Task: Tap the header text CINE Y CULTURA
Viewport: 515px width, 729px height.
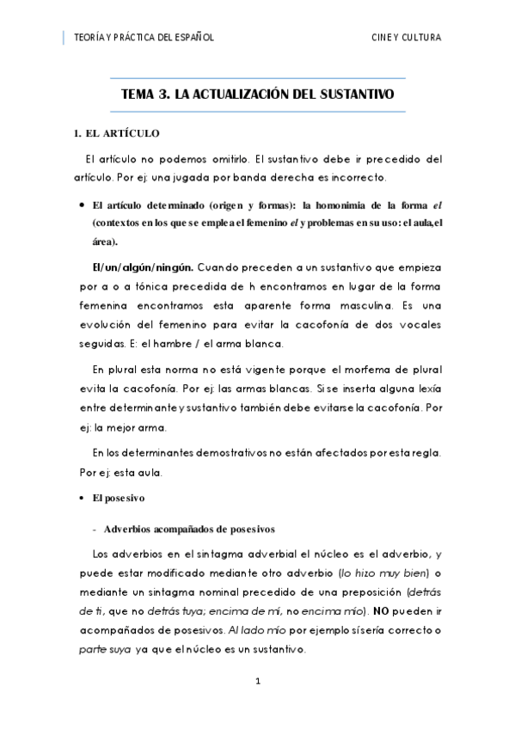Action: pos(406,37)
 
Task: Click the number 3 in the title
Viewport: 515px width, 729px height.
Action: pos(163,95)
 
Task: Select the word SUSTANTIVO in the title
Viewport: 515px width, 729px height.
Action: pos(357,95)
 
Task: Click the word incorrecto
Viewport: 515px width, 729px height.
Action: pos(353,178)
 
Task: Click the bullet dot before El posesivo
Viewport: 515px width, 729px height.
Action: pos(81,498)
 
